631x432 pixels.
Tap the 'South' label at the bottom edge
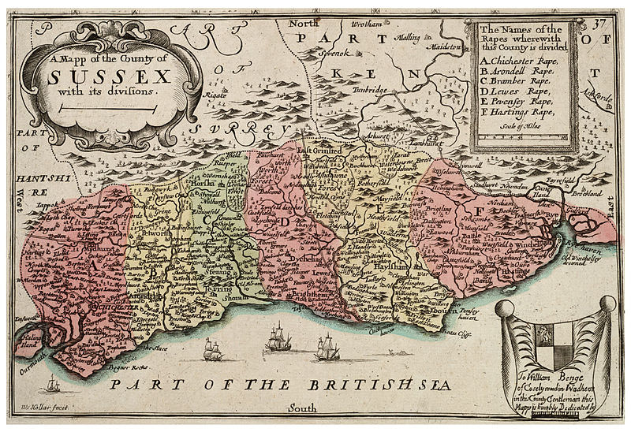(x=302, y=408)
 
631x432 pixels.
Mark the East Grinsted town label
(x=319, y=150)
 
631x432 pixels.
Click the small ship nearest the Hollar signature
(x=53, y=385)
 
